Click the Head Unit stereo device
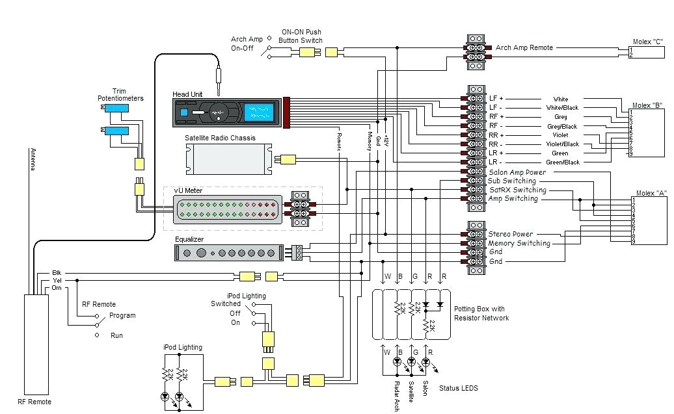[x=227, y=112]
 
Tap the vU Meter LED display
[x=228, y=209]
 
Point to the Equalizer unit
[x=228, y=253]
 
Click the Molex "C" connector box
[x=648, y=52]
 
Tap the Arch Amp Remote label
[x=524, y=47]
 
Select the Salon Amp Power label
[x=517, y=172]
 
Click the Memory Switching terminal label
[x=519, y=243]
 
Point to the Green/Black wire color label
[x=562, y=162]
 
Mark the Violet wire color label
[x=560, y=135]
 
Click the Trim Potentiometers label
[x=120, y=95]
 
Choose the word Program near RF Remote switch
[x=123, y=316]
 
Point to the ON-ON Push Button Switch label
[x=301, y=36]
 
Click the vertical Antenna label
[x=33, y=159]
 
